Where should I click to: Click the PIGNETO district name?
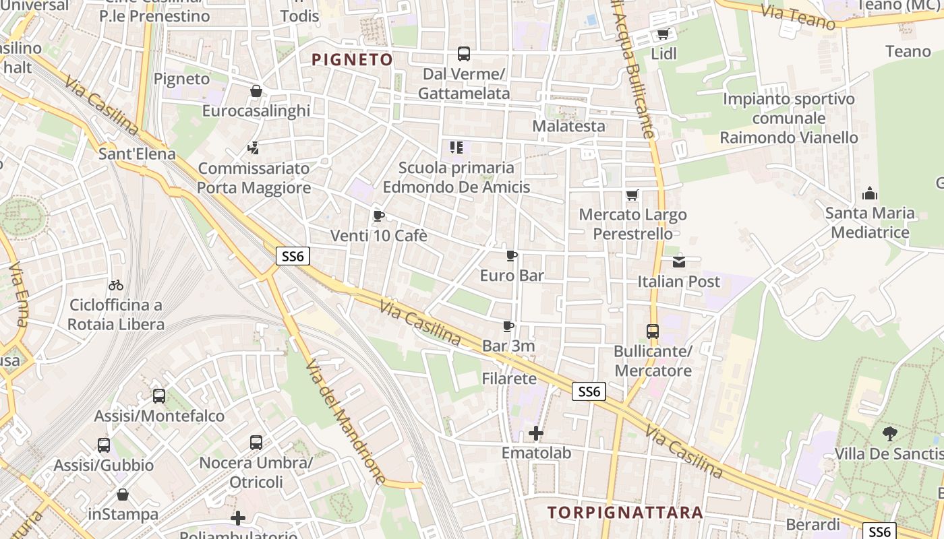click(352, 60)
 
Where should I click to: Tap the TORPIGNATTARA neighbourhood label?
click(626, 513)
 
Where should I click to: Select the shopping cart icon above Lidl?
click(663, 34)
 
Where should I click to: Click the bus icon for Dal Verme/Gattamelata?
click(463, 54)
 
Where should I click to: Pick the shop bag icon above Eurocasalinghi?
click(256, 91)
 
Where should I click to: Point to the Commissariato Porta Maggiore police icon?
click(254, 148)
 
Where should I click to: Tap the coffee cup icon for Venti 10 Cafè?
click(378, 216)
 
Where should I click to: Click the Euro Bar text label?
click(512, 275)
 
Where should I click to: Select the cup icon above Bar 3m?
click(508, 327)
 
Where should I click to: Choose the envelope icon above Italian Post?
click(678, 261)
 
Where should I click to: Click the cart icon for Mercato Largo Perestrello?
click(632, 195)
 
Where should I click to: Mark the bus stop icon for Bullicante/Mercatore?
click(652, 331)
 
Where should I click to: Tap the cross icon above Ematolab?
click(536, 433)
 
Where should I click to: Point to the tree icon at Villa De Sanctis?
click(890, 434)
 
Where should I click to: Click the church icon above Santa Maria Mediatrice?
click(870, 194)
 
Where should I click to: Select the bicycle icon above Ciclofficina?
click(116, 285)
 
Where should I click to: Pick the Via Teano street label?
click(798, 17)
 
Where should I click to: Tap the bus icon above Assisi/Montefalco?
click(159, 396)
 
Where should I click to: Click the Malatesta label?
click(568, 126)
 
